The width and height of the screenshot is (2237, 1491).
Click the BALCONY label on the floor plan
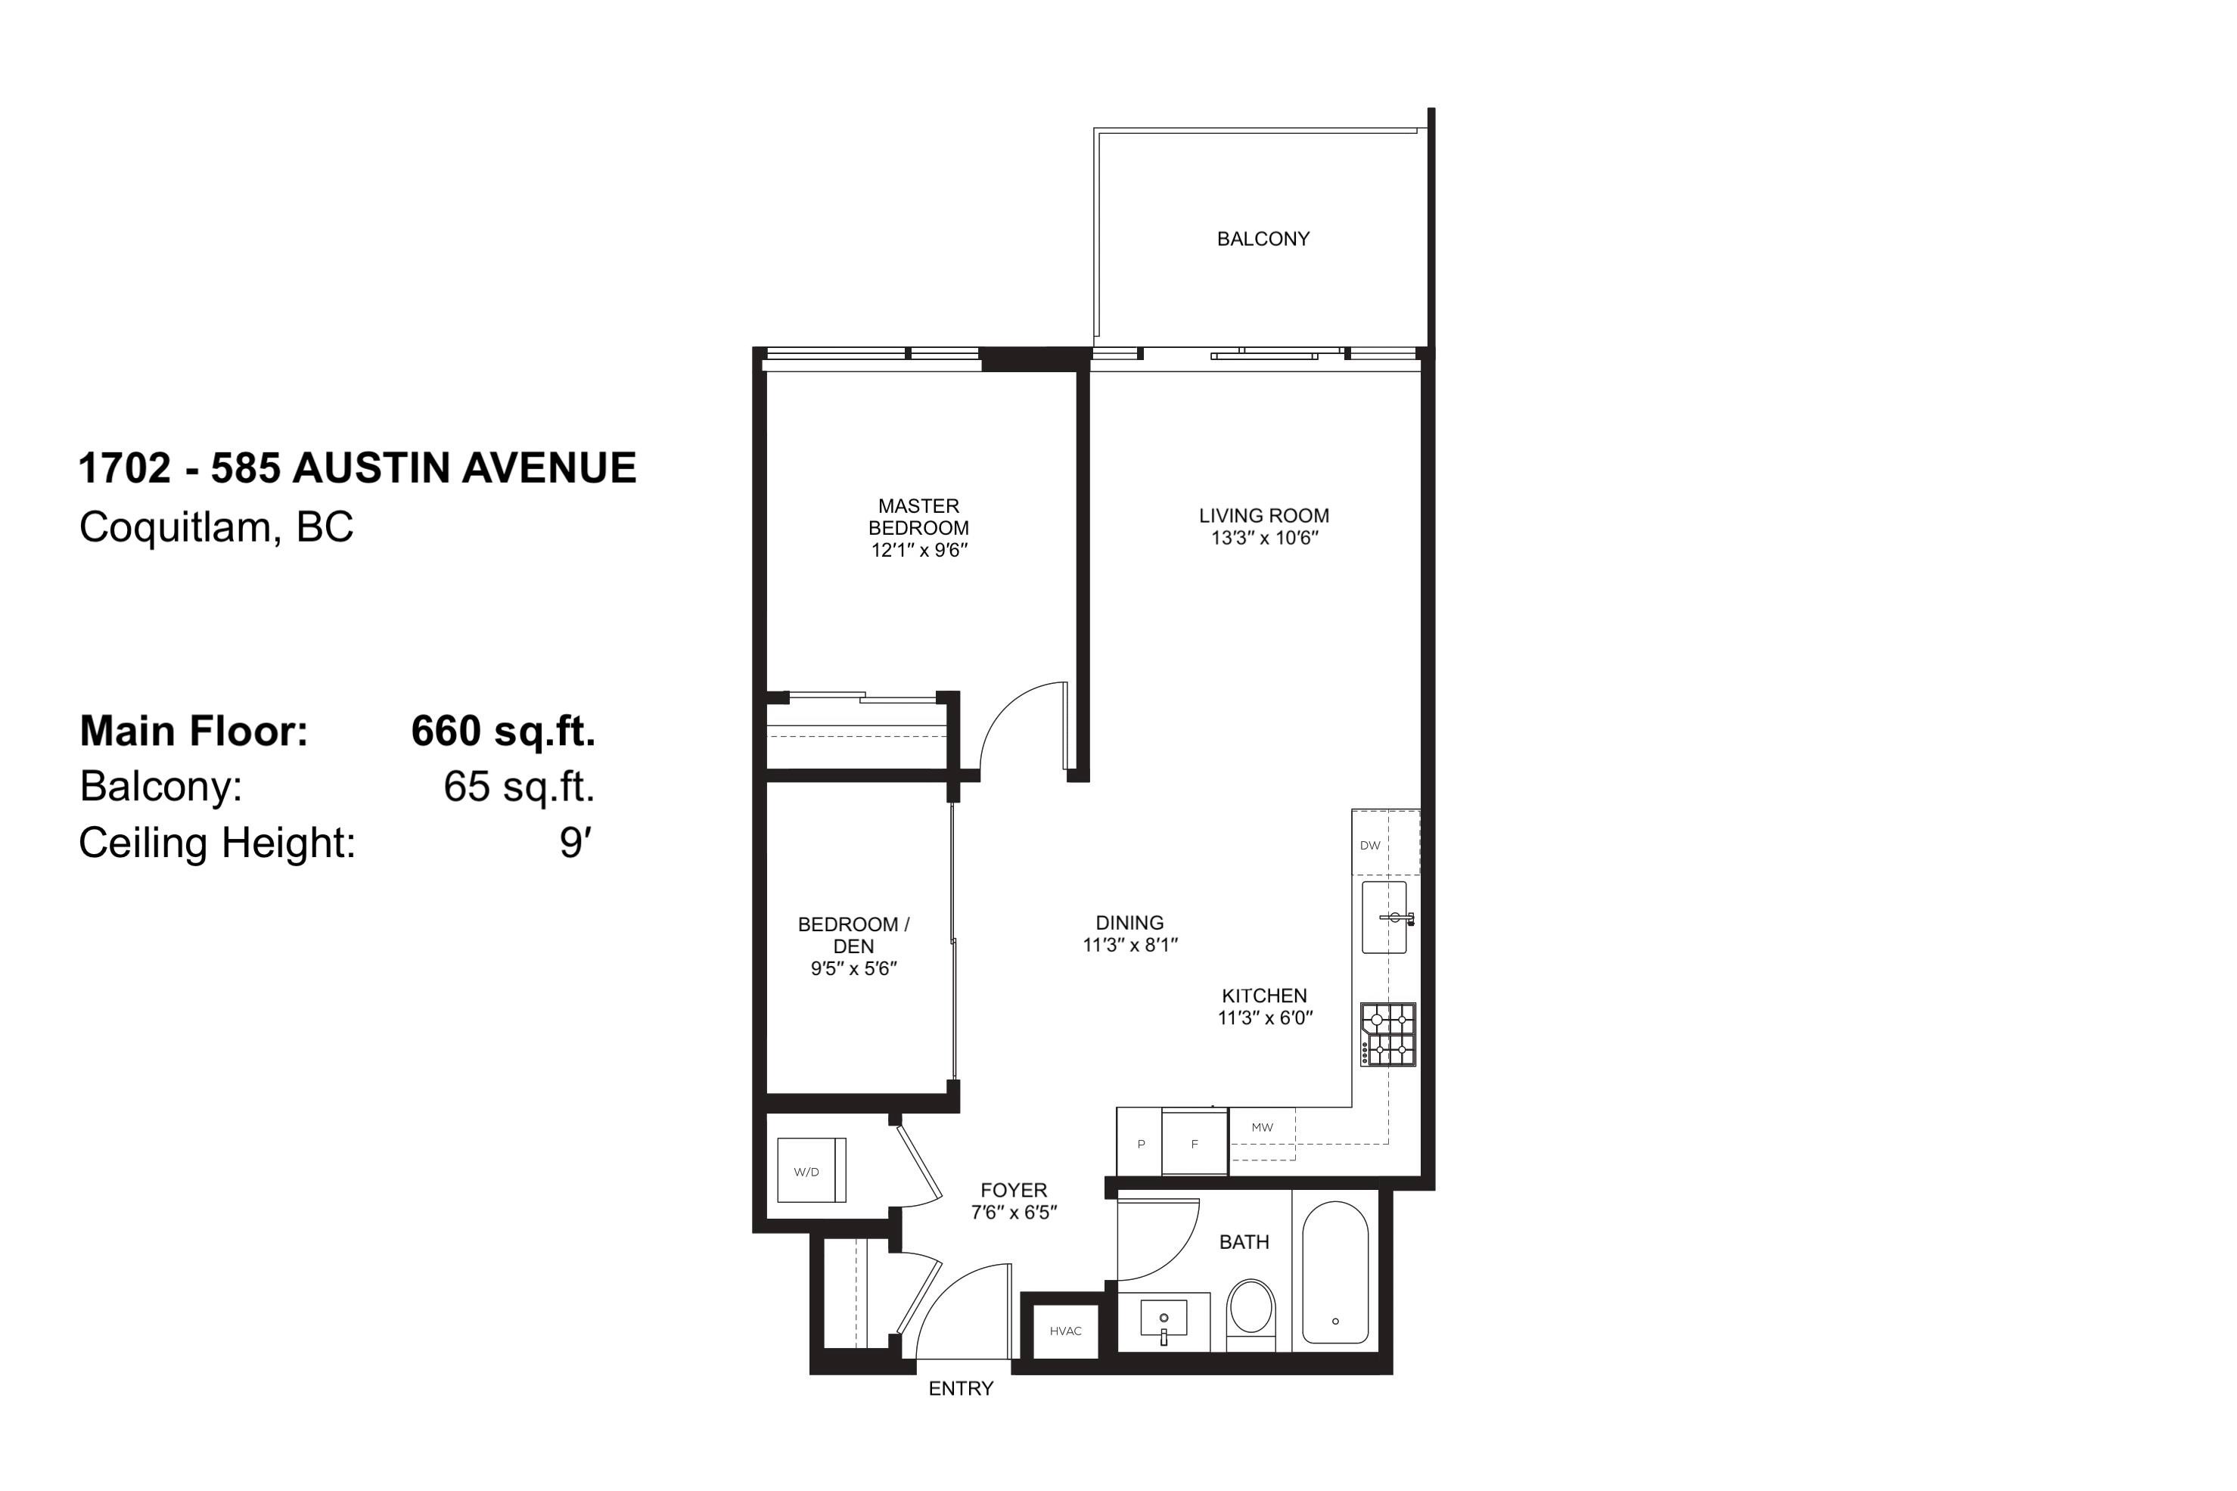tap(1263, 239)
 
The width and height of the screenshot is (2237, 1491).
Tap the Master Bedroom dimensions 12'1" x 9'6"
tap(918, 550)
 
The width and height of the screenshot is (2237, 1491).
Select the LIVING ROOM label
tap(1263, 515)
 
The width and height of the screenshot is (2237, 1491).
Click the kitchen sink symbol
tap(1384, 917)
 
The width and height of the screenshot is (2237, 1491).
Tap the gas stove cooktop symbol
tap(1388, 1035)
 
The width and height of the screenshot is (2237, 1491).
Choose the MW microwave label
tap(1262, 1127)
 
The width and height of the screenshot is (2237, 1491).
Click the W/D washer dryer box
tap(811, 1170)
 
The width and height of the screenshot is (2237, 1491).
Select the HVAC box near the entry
tap(1066, 1331)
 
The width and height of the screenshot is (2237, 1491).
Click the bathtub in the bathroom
tap(1334, 1272)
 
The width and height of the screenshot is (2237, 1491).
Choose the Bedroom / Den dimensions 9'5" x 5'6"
tap(854, 968)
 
